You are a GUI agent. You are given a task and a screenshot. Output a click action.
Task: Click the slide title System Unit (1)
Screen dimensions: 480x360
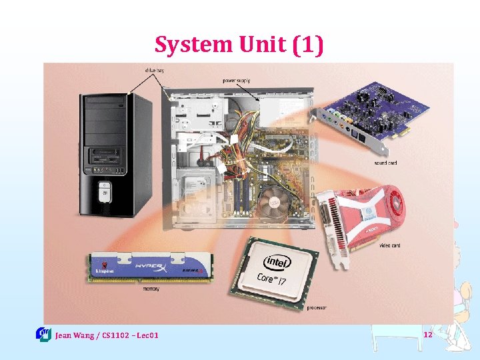[x=239, y=45]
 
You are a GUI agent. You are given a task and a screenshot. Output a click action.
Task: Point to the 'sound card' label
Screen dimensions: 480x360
[x=385, y=163]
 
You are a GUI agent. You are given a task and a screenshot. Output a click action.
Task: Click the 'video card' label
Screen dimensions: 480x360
[x=389, y=245]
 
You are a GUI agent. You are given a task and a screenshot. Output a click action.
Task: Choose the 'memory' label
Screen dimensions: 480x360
[x=151, y=289]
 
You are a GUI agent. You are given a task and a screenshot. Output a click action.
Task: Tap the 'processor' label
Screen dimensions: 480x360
[x=317, y=308]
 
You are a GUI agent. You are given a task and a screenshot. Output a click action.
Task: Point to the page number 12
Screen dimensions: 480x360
[x=427, y=334]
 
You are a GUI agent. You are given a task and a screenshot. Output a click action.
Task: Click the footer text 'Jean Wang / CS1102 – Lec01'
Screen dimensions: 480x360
[x=107, y=335]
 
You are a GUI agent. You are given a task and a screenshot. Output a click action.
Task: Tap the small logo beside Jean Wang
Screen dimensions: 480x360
[x=43, y=334]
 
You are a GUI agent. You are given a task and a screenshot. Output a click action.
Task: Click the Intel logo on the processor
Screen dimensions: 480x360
[x=275, y=259]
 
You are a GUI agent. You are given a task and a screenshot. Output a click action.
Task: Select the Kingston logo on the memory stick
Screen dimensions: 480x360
[x=105, y=271]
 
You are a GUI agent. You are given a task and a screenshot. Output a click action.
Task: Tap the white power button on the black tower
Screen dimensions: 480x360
[x=104, y=194]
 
